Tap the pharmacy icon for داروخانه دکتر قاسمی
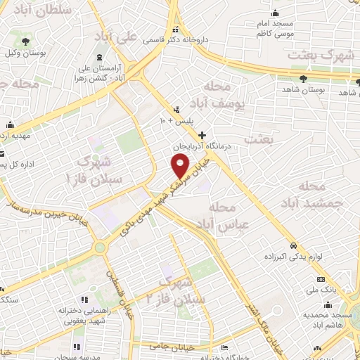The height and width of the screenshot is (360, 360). coord(176,30)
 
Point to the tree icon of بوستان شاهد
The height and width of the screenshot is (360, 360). coord(304,79)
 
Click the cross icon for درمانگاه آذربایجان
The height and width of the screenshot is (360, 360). coord(202,134)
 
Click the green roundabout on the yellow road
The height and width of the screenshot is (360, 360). coord(100,247)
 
